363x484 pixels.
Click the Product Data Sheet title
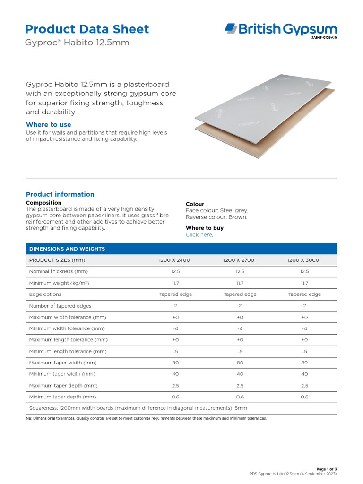87,29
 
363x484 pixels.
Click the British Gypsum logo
281,30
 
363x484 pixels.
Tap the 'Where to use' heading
49,125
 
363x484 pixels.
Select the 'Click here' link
199,235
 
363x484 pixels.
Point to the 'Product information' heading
60,194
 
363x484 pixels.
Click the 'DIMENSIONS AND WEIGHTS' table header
67,249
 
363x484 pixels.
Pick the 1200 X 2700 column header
240,260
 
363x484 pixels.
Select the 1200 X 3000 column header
304,260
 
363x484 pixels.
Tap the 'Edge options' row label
45,294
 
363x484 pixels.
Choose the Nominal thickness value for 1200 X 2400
175,272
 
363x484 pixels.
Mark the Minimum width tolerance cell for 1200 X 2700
240,328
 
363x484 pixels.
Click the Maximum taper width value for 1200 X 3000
304,363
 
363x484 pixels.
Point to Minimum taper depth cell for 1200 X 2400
175,397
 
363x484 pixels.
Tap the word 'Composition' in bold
43,203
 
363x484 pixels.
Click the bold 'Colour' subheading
195,204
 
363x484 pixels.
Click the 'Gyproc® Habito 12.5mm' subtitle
77,43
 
